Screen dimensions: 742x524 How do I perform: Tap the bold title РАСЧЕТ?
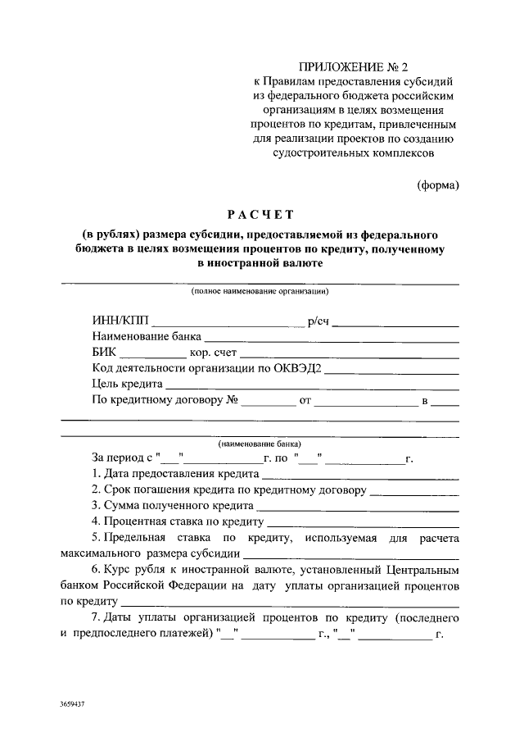coord(260,215)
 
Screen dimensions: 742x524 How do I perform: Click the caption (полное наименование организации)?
coord(260,291)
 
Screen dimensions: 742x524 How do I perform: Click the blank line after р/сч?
coord(395,325)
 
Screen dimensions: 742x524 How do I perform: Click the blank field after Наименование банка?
coord(331,340)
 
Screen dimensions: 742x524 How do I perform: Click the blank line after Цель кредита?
coord(312,387)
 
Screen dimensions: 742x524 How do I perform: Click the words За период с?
coord(121,458)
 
